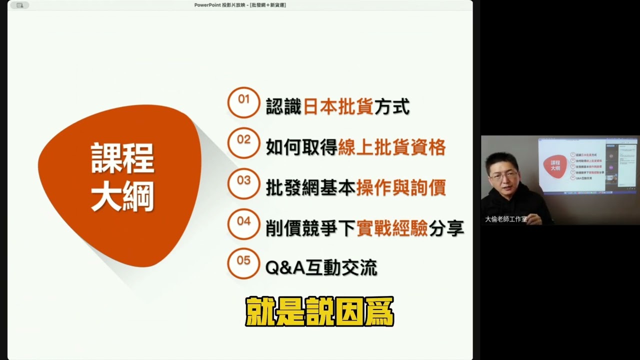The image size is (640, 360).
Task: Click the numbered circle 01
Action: click(x=243, y=102)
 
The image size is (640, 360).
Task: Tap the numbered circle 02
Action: click(x=243, y=143)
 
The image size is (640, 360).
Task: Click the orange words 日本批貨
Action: click(x=338, y=106)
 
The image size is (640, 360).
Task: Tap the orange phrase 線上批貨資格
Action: click(x=391, y=147)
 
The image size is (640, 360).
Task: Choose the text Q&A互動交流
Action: click(x=321, y=268)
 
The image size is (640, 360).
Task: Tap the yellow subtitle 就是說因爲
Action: click(x=319, y=312)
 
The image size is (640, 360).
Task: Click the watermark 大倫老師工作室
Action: click(x=506, y=219)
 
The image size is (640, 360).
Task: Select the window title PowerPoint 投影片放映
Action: click(x=240, y=5)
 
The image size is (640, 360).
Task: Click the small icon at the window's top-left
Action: click(x=19, y=5)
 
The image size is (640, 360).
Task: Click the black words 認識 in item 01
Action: click(x=283, y=106)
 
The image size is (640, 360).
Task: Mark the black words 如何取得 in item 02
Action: click(x=301, y=147)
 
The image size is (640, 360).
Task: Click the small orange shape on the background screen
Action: click(x=555, y=165)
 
